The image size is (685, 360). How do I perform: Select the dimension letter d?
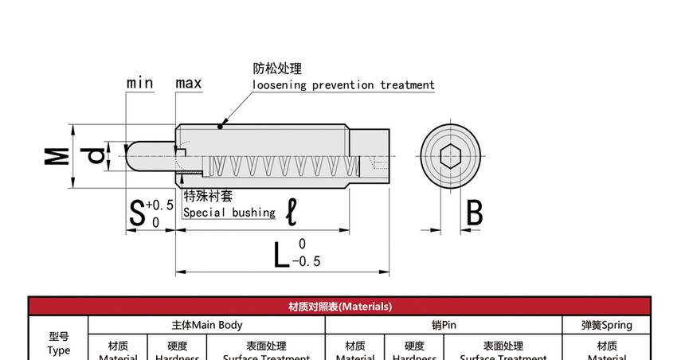point(96,155)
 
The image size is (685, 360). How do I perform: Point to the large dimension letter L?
point(280,254)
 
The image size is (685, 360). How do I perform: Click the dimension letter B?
point(474,213)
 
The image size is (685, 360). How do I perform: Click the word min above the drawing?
point(139,83)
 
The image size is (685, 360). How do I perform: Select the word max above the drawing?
point(189,83)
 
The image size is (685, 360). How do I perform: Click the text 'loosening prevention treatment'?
point(343,85)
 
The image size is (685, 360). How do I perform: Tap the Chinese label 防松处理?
point(278,69)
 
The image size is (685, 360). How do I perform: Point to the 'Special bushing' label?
point(229,213)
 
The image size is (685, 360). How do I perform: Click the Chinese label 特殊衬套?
point(208,196)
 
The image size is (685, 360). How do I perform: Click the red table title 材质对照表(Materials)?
point(340,306)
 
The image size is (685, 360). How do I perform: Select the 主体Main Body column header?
point(207,325)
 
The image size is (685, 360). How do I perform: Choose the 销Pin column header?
point(444,325)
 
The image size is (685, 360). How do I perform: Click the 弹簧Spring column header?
point(607,325)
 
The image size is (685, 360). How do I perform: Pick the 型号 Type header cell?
point(59,343)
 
